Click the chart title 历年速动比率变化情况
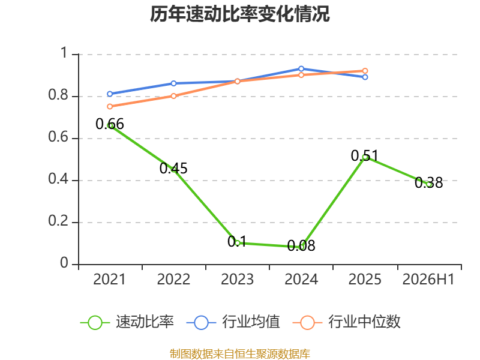239,14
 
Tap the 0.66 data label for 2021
110,124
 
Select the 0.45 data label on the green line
173,169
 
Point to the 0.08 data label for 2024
301,245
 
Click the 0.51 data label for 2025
365,156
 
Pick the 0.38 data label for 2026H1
428,183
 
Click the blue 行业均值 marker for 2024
301,68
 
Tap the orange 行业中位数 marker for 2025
365,71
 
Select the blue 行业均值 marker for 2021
110,94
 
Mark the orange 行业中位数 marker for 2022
173,96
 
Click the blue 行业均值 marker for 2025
365,77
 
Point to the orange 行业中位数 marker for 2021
110,107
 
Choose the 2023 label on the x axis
237,280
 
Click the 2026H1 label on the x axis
428,280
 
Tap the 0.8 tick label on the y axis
58,95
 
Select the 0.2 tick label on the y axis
58,221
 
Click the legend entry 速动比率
127,322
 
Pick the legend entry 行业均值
233,322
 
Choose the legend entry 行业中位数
347,322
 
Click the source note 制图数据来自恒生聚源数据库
240,354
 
